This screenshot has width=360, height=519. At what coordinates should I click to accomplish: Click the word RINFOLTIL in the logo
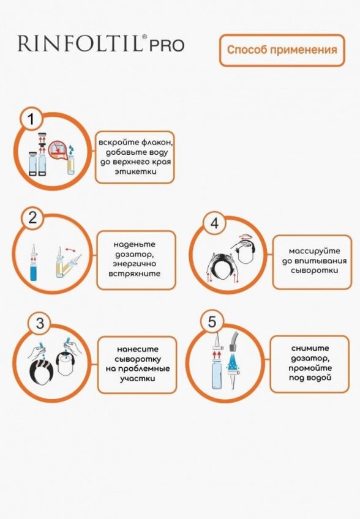pos(80,43)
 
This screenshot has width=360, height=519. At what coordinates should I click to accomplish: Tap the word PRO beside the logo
pos(167,46)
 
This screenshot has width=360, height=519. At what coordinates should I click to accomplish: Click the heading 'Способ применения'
pos(282,50)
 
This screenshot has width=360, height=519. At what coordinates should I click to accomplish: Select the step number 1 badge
pos(31,119)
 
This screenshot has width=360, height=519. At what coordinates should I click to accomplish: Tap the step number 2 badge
pos(32,218)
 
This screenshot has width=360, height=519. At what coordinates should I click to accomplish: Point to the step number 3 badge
pos(40,323)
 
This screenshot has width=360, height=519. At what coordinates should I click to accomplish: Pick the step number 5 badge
pos(212,321)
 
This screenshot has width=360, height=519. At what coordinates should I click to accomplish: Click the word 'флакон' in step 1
pos(157,143)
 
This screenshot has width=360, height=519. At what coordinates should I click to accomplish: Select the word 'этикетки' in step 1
pos(135,172)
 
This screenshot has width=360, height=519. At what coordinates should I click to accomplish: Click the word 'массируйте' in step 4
pos(314,251)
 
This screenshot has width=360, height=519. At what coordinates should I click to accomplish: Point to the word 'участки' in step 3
pos(137,378)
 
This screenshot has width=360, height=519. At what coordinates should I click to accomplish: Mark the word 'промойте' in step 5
pos(310,368)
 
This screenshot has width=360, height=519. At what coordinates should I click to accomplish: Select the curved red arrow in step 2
pos(70,250)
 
